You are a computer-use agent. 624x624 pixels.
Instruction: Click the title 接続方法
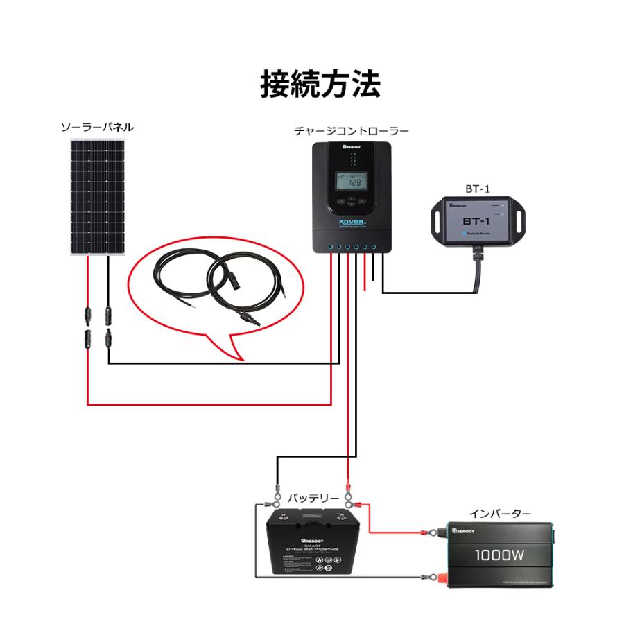click(x=320, y=85)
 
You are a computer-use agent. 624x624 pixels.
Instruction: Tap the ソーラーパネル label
click(x=97, y=128)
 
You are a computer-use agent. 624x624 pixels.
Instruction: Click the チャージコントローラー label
click(x=352, y=130)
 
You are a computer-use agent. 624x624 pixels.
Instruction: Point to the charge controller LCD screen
click(x=354, y=182)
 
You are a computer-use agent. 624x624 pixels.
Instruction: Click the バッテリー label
click(x=313, y=499)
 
